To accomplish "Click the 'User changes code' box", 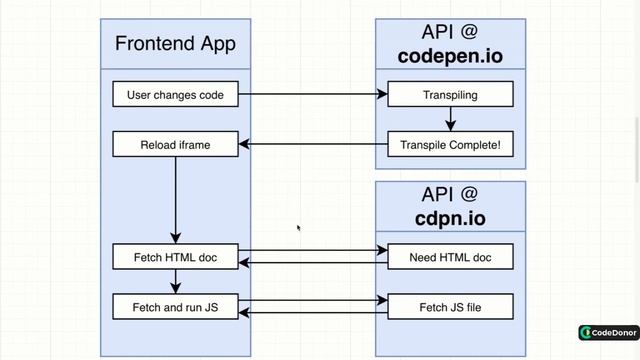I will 175,96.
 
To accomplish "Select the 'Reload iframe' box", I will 175,145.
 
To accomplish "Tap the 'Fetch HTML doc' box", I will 175,257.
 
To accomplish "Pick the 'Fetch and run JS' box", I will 175,306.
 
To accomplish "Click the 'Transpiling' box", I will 450,96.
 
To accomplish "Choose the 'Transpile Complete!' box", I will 450,145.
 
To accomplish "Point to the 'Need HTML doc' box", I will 450,257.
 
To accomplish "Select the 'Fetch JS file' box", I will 450,306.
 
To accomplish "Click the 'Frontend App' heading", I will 175,43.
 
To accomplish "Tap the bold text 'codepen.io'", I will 450,56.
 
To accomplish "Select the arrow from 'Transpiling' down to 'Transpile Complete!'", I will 450,119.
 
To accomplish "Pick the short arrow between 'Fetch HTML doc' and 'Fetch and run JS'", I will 175,281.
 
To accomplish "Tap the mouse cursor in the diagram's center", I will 298,228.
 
